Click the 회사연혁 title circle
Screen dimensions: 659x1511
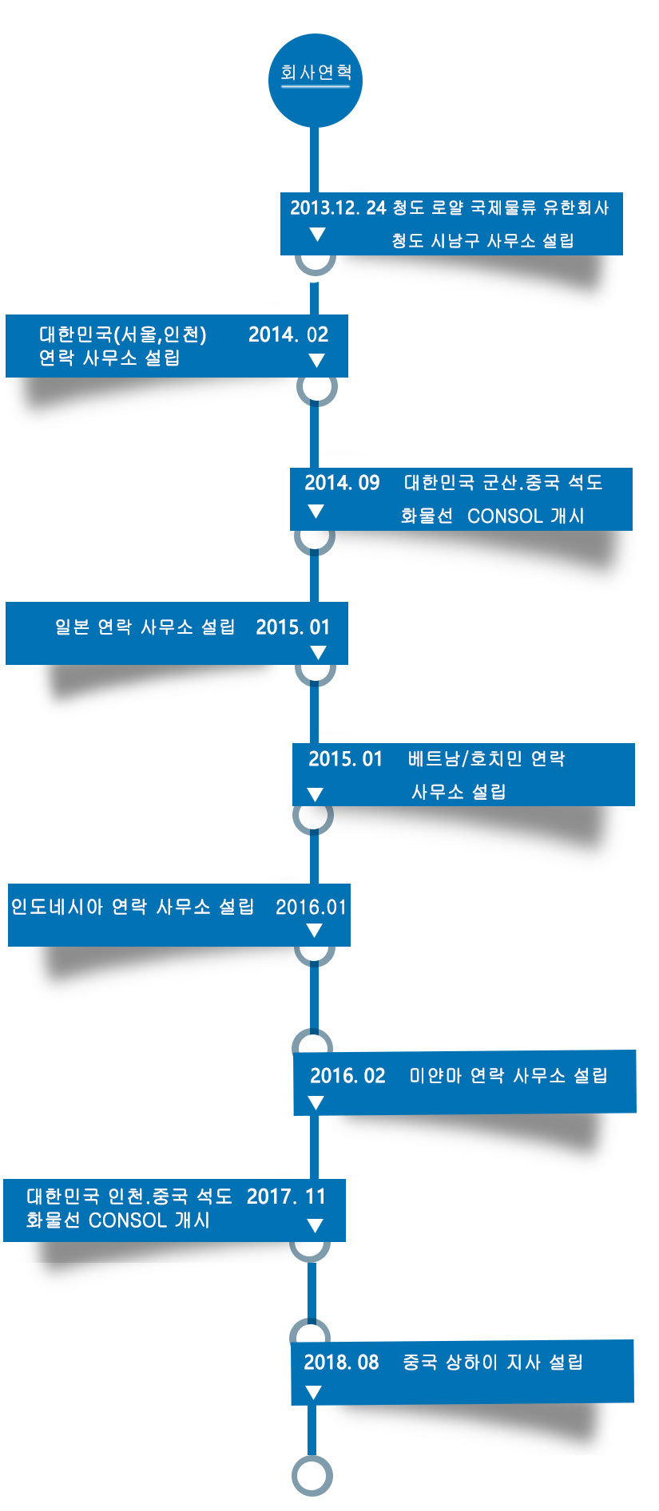(x=315, y=80)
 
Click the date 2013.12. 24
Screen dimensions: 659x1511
(x=338, y=208)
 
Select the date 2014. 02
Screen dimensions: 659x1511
(x=288, y=334)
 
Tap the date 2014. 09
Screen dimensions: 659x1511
(x=342, y=483)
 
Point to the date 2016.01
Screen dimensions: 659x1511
(x=312, y=907)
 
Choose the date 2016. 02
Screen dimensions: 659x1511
(x=347, y=1076)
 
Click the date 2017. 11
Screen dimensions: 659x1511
(x=286, y=1197)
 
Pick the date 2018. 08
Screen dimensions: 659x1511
(x=341, y=1363)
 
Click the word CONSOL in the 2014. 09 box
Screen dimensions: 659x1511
(x=505, y=516)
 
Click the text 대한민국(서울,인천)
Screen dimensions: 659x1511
(x=123, y=334)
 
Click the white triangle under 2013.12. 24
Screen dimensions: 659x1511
(x=317, y=235)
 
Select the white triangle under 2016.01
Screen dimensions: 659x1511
(x=314, y=931)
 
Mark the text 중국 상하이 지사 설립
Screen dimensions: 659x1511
(x=493, y=1363)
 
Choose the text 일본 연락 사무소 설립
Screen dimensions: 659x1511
(x=145, y=627)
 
